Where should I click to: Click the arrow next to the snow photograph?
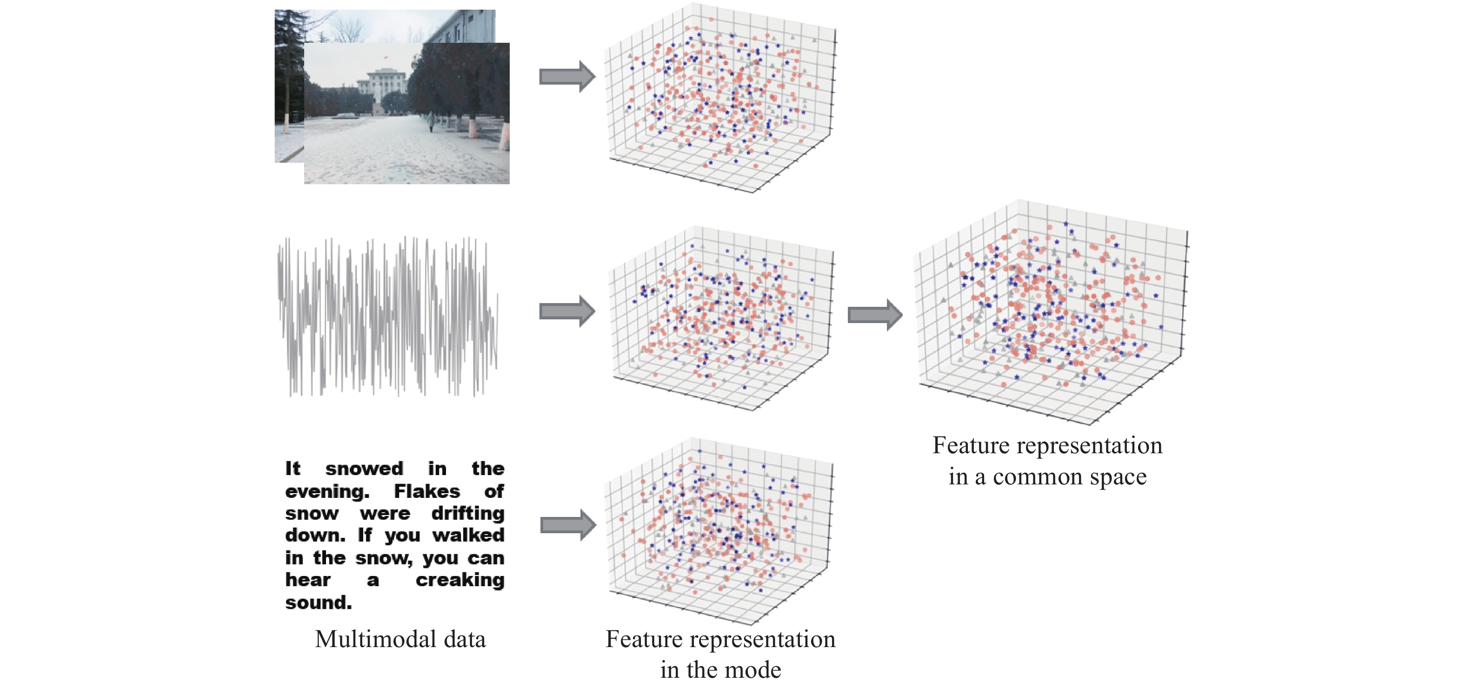click(567, 76)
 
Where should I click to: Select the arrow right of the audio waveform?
click(567, 311)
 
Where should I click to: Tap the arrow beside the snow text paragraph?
click(568, 525)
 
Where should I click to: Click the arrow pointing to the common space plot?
click(875, 314)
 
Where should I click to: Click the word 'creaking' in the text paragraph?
click(459, 581)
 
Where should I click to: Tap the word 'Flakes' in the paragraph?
click(426, 491)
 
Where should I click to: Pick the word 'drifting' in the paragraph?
click(467, 513)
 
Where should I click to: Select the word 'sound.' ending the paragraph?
click(319, 602)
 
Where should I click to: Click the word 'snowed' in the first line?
click(364, 469)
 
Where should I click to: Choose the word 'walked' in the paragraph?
click(468, 536)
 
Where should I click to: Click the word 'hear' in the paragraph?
click(308, 580)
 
